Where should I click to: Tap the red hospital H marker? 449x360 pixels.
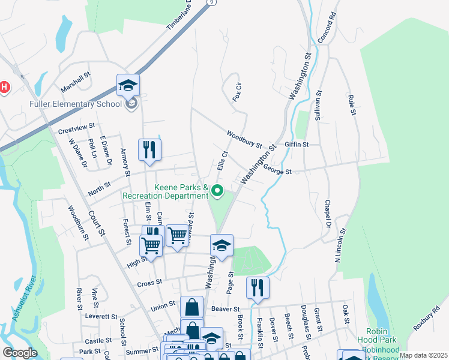pos(4,88)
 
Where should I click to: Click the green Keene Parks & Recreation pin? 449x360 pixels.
pos(217,191)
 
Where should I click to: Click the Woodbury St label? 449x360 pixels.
pos(244,139)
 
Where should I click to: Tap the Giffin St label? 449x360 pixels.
pos(297,145)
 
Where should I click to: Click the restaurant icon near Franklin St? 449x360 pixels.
pos(258,287)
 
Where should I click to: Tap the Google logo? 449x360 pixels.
pos(20,353)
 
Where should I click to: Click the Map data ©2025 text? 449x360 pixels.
pos(423,355)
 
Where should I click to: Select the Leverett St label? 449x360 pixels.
pos(100,316)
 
